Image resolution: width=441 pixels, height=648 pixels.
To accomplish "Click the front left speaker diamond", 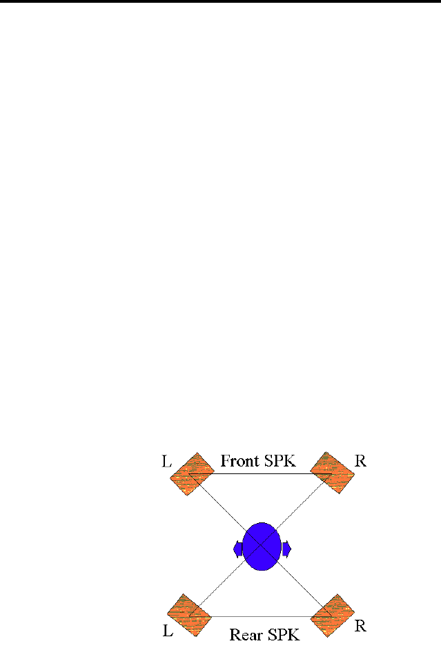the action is (x=192, y=474).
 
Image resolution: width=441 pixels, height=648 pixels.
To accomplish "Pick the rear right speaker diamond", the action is (x=333, y=615).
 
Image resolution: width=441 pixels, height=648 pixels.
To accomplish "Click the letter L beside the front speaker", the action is (x=166, y=462).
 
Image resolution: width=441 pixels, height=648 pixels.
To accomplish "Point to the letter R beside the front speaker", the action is (x=360, y=462).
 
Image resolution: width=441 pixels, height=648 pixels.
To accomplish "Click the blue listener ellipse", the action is (x=262, y=537).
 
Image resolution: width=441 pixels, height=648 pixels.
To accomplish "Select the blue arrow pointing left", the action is (x=238, y=549).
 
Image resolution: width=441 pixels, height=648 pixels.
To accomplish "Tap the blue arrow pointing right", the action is (x=286, y=549).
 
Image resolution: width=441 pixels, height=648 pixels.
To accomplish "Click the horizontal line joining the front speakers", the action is (x=262, y=473).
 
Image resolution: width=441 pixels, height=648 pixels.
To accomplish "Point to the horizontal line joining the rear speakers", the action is (x=262, y=616).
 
